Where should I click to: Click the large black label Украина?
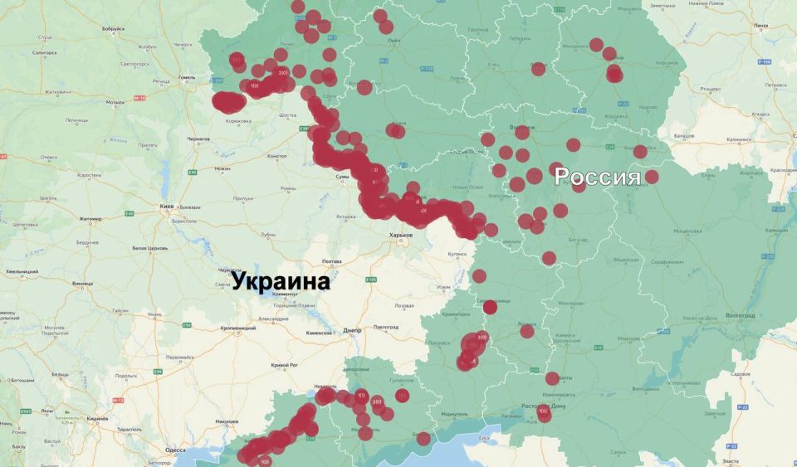click(281, 282)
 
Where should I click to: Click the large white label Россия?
click(597, 177)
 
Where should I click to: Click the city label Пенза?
click(760, 26)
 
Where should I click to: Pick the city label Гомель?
click(187, 77)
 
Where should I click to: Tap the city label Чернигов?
click(198, 139)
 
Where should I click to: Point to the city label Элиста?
click(731, 460)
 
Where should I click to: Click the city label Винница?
click(83, 284)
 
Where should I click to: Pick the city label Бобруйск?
click(113, 29)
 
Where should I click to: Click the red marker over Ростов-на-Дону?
click(544, 411)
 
